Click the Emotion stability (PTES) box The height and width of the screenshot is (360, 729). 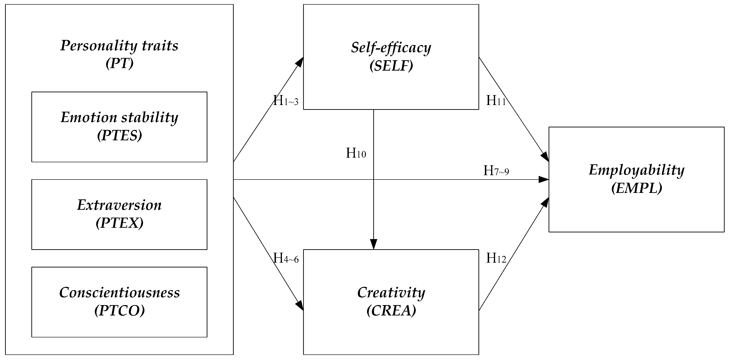(x=119, y=126)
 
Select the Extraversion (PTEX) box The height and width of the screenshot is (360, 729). (x=119, y=214)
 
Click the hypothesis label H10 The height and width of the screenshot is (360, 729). (x=356, y=153)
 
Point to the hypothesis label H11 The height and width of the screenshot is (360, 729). (x=496, y=100)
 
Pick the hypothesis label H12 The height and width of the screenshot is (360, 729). (x=496, y=258)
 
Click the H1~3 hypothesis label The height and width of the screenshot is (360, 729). (x=286, y=100)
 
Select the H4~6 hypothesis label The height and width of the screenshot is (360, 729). (x=286, y=258)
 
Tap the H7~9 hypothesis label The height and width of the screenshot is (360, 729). (x=496, y=171)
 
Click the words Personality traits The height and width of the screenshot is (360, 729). (x=119, y=45)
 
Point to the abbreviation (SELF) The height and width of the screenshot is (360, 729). (x=391, y=66)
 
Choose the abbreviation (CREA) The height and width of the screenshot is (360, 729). (x=391, y=310)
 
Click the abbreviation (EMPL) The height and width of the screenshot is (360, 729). (x=636, y=188)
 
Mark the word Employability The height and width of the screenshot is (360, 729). (x=636, y=170)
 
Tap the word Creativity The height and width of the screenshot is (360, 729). (x=391, y=292)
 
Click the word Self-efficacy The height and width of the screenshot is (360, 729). (x=391, y=47)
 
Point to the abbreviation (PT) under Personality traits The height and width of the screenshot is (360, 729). (x=119, y=63)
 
